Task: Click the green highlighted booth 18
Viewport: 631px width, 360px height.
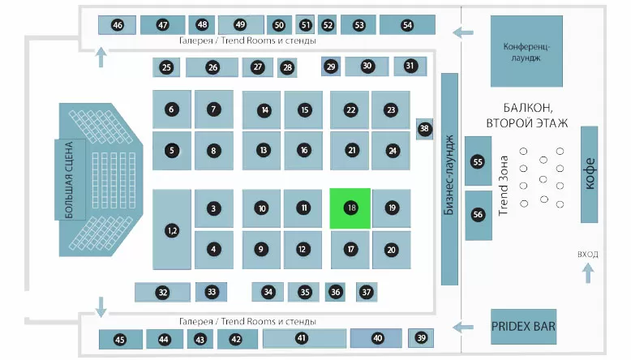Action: tap(350, 208)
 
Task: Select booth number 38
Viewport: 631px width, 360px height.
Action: tap(424, 129)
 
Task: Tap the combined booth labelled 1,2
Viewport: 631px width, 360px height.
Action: tap(172, 229)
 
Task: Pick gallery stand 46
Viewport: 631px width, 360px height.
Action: tap(117, 25)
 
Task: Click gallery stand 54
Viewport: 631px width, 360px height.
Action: tap(407, 25)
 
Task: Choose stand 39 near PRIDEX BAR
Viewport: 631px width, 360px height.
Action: tap(421, 338)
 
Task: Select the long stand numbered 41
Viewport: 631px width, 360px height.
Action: tap(304, 338)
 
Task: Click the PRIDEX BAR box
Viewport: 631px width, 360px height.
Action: tap(524, 327)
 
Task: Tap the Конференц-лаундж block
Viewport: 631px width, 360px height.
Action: tap(526, 51)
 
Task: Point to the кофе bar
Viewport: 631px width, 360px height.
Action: tap(589, 174)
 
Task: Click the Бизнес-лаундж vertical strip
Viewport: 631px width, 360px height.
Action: tap(449, 179)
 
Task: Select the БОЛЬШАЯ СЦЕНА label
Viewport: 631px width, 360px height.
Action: tap(69, 180)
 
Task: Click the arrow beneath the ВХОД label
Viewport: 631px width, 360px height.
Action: tap(588, 273)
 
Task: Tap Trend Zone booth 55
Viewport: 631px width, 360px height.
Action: tap(478, 161)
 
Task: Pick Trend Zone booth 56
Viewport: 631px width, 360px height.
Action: tap(478, 215)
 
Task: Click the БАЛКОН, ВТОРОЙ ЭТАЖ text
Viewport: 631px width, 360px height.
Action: tap(527, 115)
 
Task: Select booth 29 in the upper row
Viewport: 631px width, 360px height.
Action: tap(331, 66)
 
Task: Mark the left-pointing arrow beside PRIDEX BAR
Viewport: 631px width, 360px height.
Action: tap(463, 328)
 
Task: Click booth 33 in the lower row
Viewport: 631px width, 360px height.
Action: tap(211, 292)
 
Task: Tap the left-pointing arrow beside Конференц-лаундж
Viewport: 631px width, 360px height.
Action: tap(463, 32)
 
